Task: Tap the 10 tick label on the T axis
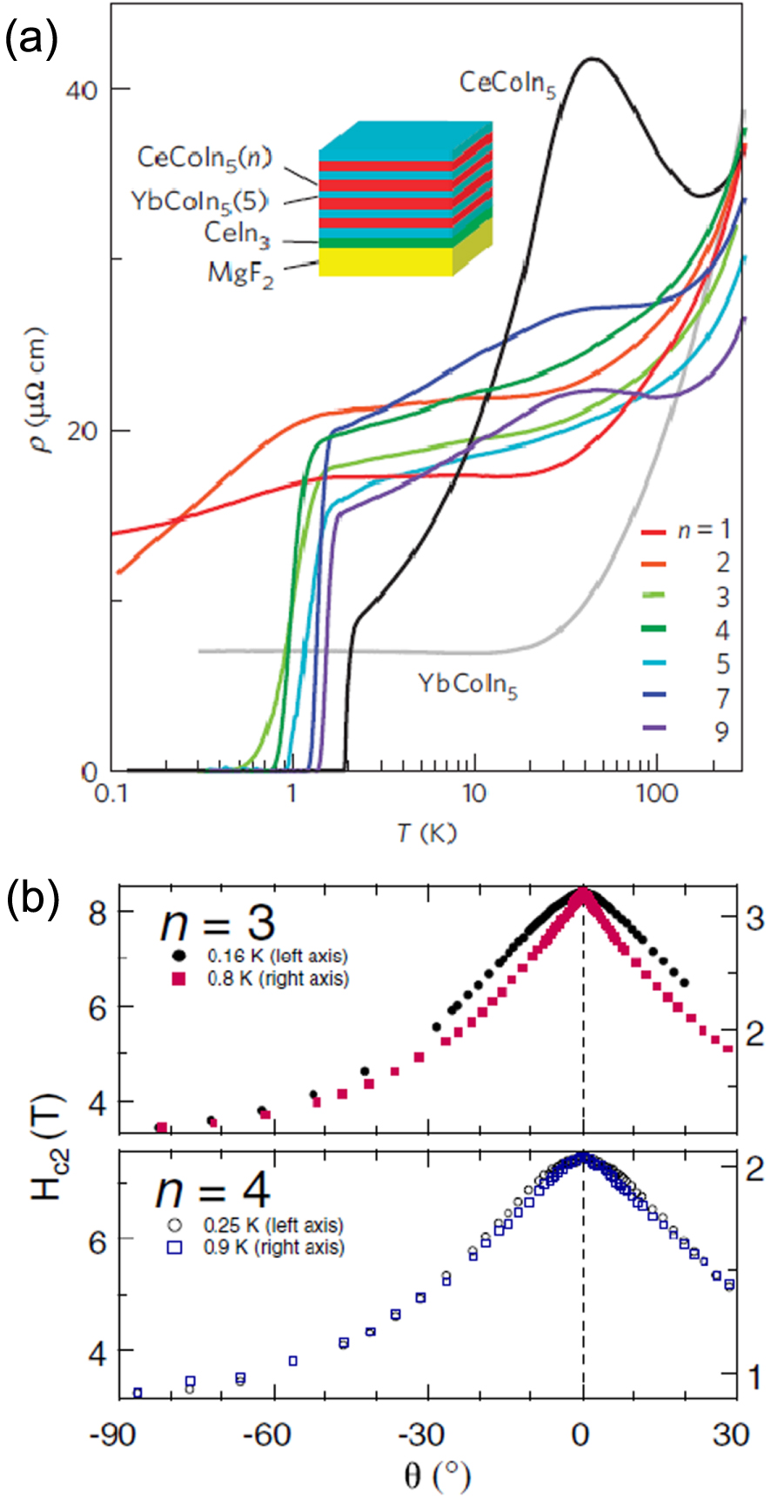pos(473,794)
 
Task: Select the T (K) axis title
pos(426,833)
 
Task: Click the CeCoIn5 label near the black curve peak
pos(507,84)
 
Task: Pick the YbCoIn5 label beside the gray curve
pos(468,686)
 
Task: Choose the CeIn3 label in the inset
pos(238,234)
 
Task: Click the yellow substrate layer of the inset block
pos(385,262)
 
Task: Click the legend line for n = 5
pos(654,663)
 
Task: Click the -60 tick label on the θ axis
pos(266,1434)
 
